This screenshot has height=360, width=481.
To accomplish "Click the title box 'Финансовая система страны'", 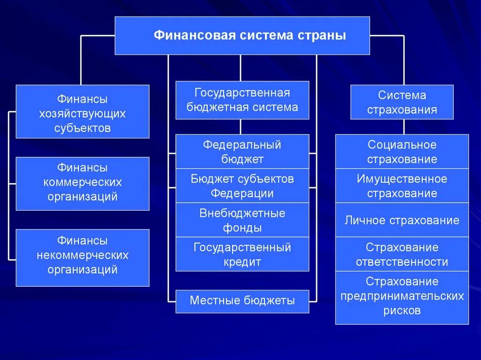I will [x=242, y=36].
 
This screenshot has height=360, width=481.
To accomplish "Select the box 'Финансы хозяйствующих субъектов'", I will [x=82, y=111].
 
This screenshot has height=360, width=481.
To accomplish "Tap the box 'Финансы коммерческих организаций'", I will [x=82, y=184].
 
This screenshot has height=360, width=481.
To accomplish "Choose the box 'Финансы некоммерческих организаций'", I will [x=82, y=257].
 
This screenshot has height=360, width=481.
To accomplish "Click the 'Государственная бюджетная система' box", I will [x=242, y=100].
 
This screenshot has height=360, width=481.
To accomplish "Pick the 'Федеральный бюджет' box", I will [x=242, y=151].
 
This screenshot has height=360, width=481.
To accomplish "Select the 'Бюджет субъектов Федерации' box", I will [x=242, y=185].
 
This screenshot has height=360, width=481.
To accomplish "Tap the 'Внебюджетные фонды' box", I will [x=242, y=220].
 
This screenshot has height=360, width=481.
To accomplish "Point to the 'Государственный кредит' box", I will [x=242, y=254].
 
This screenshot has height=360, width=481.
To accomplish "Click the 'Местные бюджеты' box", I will [x=242, y=301].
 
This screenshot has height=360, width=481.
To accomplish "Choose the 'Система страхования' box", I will [x=402, y=102].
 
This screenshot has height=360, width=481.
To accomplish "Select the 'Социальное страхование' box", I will [x=402, y=151].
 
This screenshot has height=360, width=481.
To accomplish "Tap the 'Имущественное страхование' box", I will [x=402, y=185].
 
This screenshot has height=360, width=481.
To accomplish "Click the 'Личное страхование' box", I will [x=402, y=220].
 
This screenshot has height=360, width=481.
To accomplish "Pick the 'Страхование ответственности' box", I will [x=402, y=254].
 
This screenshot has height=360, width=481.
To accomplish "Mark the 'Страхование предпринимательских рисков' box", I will [x=402, y=297].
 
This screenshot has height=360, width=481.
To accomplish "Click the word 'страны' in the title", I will [x=322, y=36].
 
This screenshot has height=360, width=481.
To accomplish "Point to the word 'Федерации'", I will [x=242, y=193].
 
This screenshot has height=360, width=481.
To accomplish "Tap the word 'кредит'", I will [x=242, y=262].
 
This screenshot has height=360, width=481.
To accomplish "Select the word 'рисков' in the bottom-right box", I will [x=402, y=310].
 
